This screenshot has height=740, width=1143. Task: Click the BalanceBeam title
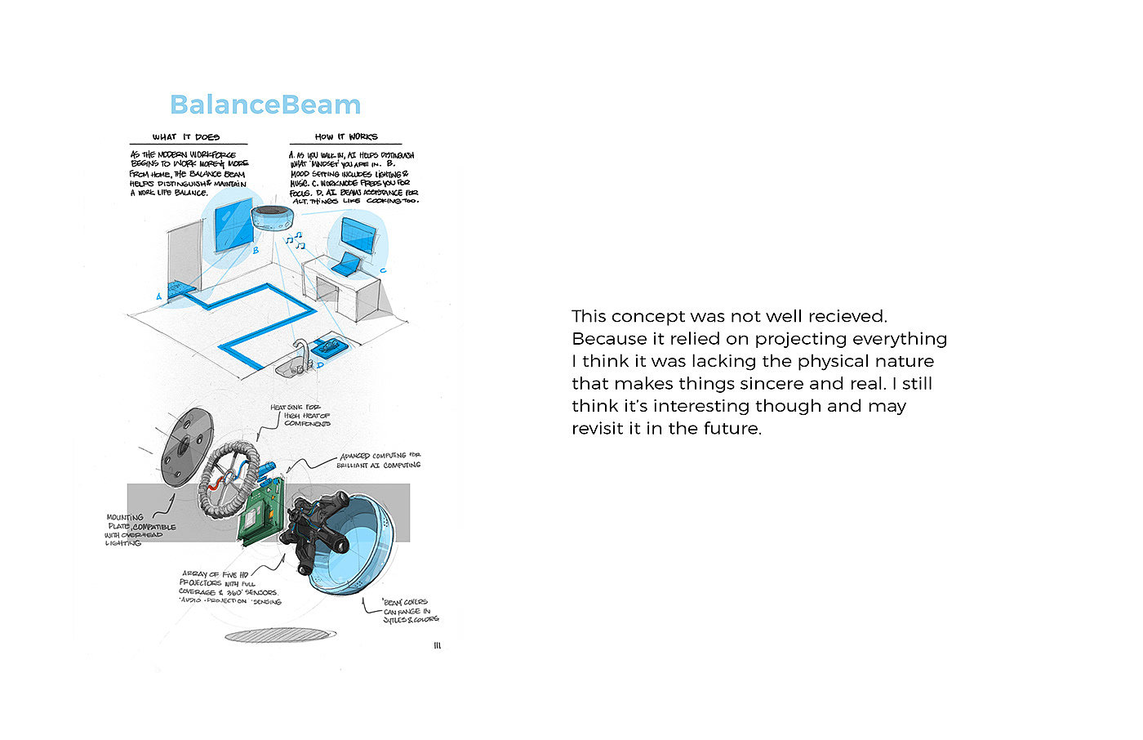(x=265, y=105)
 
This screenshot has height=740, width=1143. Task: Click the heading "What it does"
(x=186, y=137)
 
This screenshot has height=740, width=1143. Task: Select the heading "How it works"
(x=345, y=137)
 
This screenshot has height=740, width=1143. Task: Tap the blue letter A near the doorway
(x=159, y=296)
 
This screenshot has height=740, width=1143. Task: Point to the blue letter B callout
(x=256, y=250)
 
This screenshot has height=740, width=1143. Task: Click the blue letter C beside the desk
(x=383, y=270)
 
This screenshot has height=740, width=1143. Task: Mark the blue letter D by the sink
(x=320, y=365)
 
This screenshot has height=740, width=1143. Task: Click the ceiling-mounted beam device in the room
(x=275, y=218)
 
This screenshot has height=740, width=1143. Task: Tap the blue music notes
(x=294, y=238)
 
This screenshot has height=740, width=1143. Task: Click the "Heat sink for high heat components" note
(x=300, y=415)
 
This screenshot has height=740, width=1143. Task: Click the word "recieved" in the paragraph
(x=847, y=316)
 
